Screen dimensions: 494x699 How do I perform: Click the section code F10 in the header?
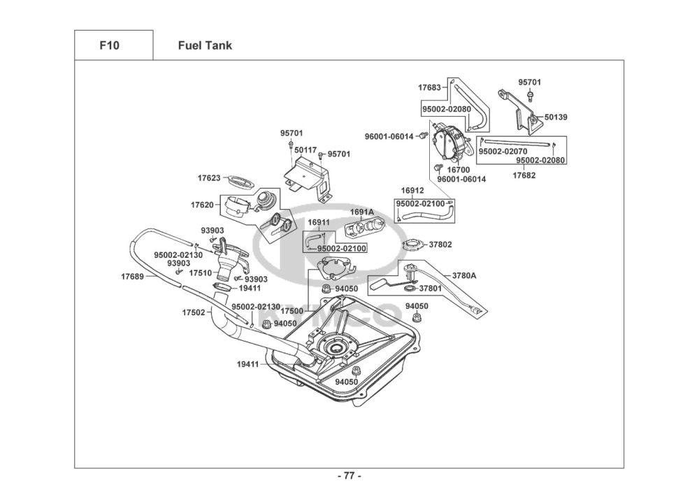[110, 45]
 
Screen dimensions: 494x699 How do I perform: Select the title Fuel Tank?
[206, 45]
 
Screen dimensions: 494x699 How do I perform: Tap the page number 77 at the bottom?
[349, 477]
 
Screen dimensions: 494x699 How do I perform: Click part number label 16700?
[458, 169]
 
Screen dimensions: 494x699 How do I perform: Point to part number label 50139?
[556, 117]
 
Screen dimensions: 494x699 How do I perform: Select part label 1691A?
[362, 211]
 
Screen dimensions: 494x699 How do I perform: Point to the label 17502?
[194, 312]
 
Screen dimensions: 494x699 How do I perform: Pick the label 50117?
[305, 150]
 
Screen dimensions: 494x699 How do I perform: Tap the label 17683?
[429, 88]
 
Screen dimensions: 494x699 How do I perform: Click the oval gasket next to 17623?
[242, 180]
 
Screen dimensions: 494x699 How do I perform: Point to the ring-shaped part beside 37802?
[415, 245]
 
